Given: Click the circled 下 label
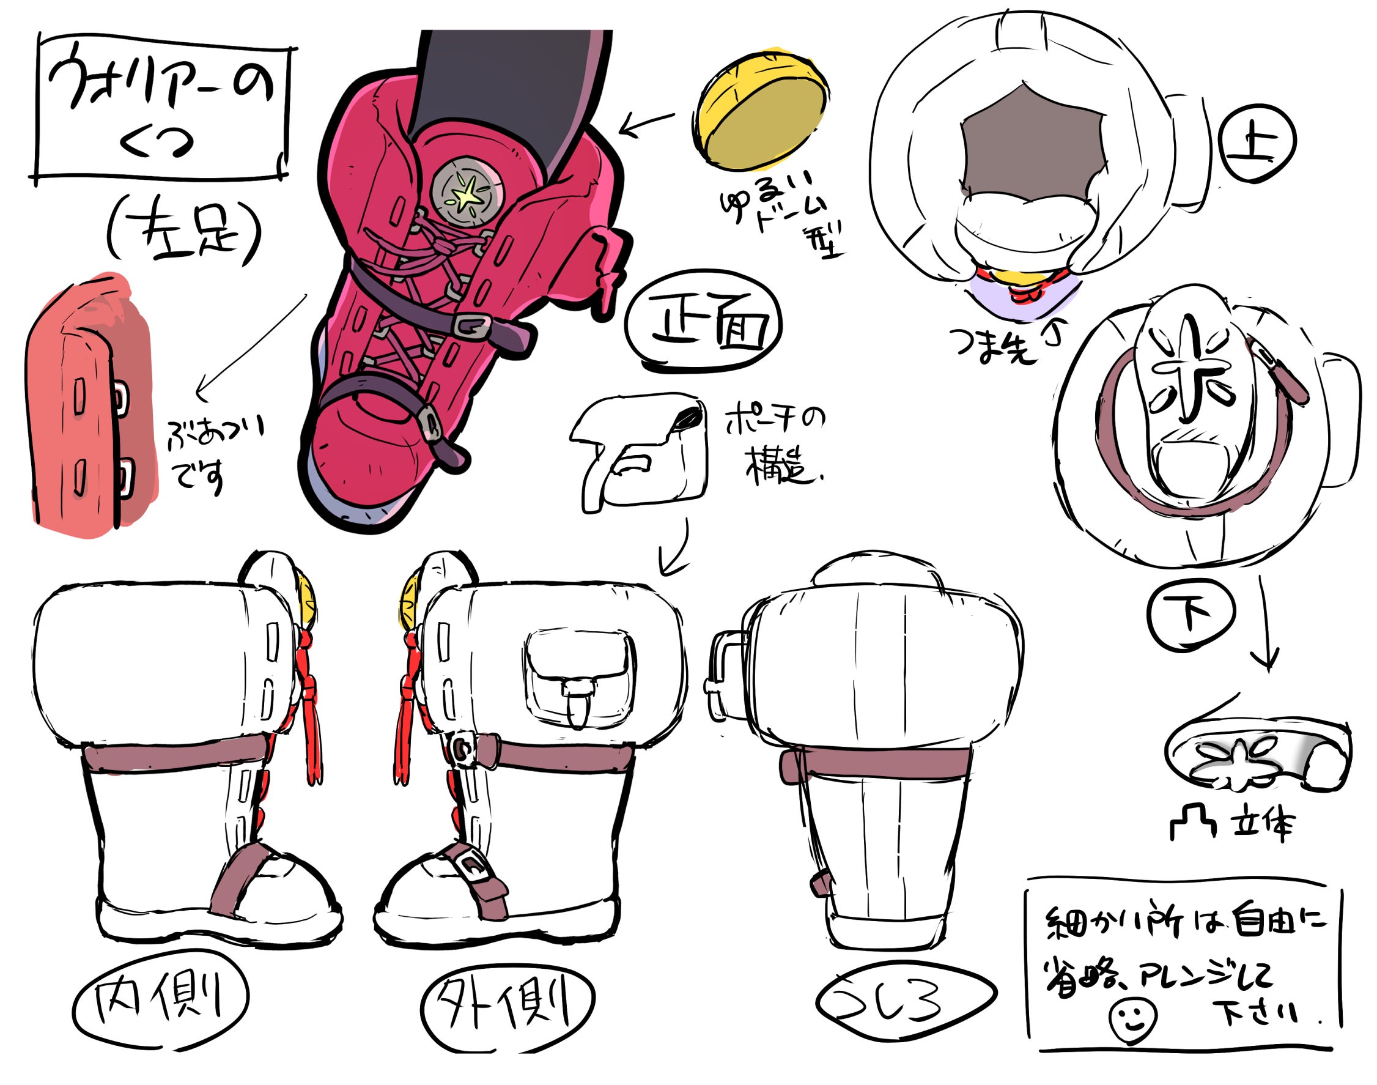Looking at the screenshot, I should click(x=1191, y=614).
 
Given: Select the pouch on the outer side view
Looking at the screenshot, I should click(x=578, y=676).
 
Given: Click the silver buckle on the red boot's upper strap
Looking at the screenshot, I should click(x=471, y=327).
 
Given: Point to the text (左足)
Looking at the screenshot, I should click(x=184, y=232).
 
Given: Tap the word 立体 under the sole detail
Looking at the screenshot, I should click(x=1261, y=825).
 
